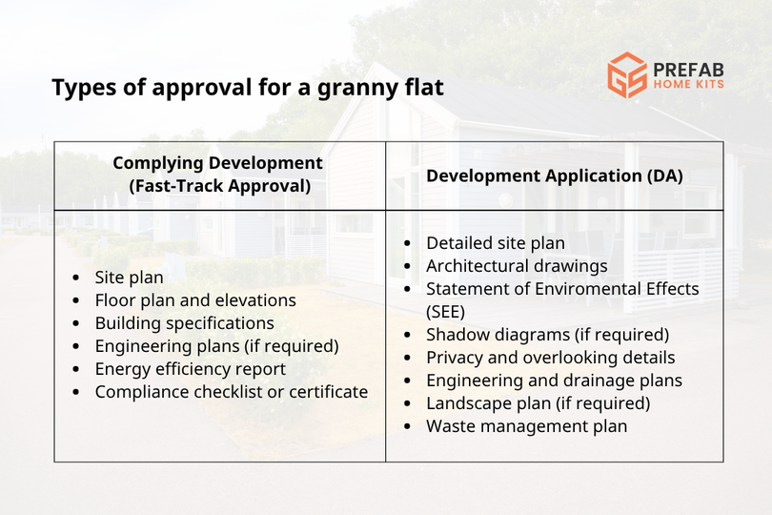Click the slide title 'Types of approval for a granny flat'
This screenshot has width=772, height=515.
247,89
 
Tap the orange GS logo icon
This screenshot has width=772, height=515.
627,75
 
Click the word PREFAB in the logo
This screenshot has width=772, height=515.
689,69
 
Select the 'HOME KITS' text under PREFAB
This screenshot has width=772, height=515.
688,85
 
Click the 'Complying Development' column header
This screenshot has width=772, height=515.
218,163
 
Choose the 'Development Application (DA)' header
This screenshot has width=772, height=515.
554,175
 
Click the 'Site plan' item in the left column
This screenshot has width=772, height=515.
129,278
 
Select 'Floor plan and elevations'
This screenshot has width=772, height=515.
195,300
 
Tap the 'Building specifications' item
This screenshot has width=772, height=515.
184,323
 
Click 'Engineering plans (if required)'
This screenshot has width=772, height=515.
216,346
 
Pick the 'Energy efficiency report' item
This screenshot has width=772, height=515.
190,369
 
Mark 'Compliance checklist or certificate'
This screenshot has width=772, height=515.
231,392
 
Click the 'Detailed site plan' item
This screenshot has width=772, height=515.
495,243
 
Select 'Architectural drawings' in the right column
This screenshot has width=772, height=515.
517,266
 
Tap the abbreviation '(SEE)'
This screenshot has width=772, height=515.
445,312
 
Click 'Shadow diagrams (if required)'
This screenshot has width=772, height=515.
547,335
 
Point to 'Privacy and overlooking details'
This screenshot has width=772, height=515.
550,358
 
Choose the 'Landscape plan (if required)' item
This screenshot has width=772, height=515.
538,403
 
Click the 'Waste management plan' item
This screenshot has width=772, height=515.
526,426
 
